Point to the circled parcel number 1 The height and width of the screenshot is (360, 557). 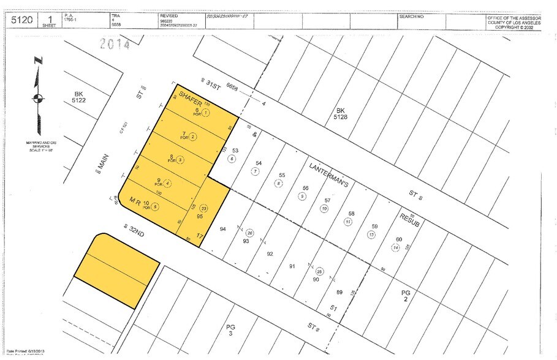pyautogui.click(x=206, y=113)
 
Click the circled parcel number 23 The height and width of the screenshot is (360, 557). pyautogui.click(x=203, y=208)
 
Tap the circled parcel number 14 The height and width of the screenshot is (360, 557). pyautogui.click(x=396, y=247)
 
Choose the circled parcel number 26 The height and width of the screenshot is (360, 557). pyautogui.click(x=249, y=233)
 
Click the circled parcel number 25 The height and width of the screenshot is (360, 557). pyautogui.click(x=319, y=271)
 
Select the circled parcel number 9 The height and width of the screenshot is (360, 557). pyautogui.click(x=302, y=196)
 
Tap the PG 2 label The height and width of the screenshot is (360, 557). pyautogui.click(x=405, y=296)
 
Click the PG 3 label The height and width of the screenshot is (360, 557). pyautogui.click(x=230, y=330)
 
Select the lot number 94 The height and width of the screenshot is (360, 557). pyautogui.click(x=223, y=229)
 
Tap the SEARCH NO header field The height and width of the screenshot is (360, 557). pyautogui.click(x=411, y=17)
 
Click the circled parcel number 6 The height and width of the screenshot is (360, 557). pyautogui.click(x=231, y=159)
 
